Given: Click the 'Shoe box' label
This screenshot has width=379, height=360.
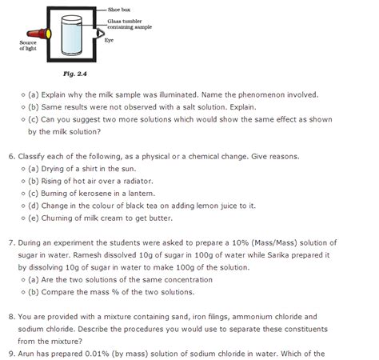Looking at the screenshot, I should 124,7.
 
